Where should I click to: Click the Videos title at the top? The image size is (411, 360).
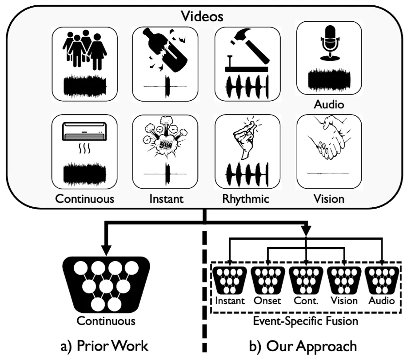pos(204,17)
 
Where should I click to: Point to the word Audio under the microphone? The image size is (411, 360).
pos(329,105)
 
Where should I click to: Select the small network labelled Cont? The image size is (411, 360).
pos(306,280)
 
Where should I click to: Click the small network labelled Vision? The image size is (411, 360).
pos(344,280)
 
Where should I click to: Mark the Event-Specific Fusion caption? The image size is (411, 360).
pos(306,320)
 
